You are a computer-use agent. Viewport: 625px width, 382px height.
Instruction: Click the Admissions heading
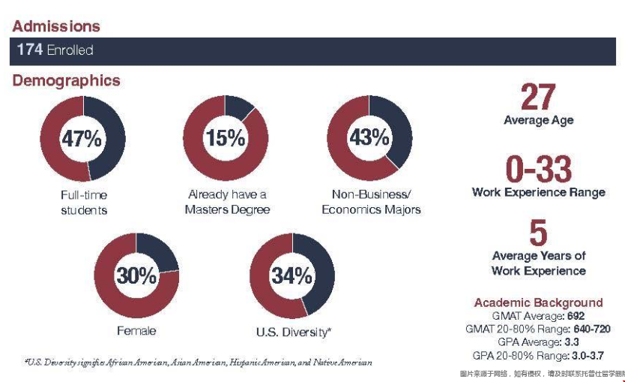[x=56, y=26]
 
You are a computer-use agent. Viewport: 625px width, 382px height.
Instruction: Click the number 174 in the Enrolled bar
[x=29, y=50]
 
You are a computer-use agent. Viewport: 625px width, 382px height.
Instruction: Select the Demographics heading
[x=66, y=80]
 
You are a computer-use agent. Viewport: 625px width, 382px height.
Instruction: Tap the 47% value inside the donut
[x=82, y=139]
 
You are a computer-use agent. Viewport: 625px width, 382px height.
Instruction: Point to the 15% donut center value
[x=226, y=138]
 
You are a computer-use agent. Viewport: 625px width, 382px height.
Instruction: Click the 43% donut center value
[x=369, y=138]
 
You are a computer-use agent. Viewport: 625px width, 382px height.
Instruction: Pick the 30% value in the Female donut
[x=136, y=275]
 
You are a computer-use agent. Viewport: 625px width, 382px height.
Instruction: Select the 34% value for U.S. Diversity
[x=292, y=275]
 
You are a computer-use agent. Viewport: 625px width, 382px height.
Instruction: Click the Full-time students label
[x=83, y=203]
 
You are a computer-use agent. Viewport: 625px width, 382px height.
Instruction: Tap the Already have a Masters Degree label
[x=227, y=202]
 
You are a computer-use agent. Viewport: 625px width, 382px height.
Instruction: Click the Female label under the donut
[x=136, y=330]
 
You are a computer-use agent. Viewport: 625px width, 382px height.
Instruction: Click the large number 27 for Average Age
[x=538, y=98]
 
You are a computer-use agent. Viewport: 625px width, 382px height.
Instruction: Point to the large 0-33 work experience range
[x=538, y=170]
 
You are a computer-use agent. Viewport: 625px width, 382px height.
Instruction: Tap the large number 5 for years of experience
[x=538, y=234]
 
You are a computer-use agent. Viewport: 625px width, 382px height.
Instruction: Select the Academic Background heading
[x=538, y=303]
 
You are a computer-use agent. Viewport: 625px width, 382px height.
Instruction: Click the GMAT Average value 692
[x=575, y=316]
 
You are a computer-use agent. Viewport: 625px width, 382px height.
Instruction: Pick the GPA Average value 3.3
[x=571, y=342]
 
